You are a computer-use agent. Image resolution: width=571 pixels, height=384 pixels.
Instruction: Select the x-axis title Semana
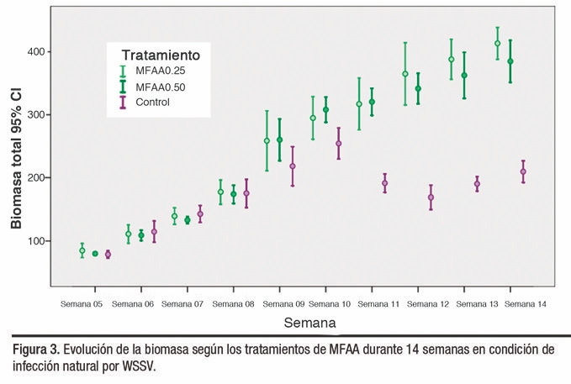(309, 322)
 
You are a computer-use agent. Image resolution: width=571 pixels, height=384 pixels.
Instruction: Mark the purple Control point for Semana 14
(523, 171)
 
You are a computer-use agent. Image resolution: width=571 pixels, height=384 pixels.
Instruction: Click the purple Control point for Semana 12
(431, 197)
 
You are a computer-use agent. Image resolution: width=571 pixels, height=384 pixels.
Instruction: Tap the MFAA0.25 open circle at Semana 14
(498, 44)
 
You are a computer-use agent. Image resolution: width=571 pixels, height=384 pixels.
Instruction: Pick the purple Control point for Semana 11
(385, 183)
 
